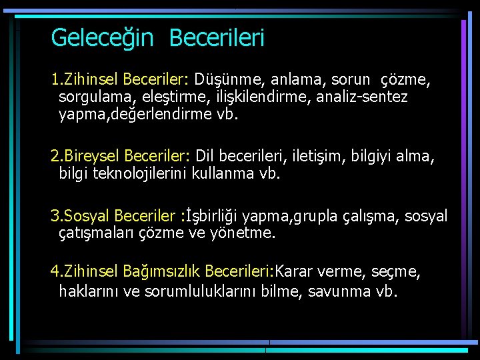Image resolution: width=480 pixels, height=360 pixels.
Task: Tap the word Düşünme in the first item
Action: tap(227, 80)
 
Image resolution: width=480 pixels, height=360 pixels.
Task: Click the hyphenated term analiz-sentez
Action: tap(361, 97)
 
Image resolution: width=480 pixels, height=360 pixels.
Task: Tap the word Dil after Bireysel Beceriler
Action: tap(209, 156)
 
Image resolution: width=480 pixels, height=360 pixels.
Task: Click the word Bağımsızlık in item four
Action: tap(161, 271)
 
